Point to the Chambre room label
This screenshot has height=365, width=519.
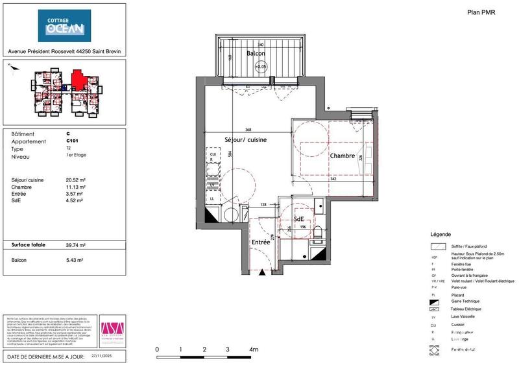pos(342,156)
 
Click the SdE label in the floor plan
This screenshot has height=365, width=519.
pos(299,219)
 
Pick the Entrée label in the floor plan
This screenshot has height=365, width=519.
pos(261,242)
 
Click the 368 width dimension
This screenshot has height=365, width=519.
pos(248,129)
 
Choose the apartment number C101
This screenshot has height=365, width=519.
pos(73,141)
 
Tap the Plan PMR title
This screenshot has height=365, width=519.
pos(481,12)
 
